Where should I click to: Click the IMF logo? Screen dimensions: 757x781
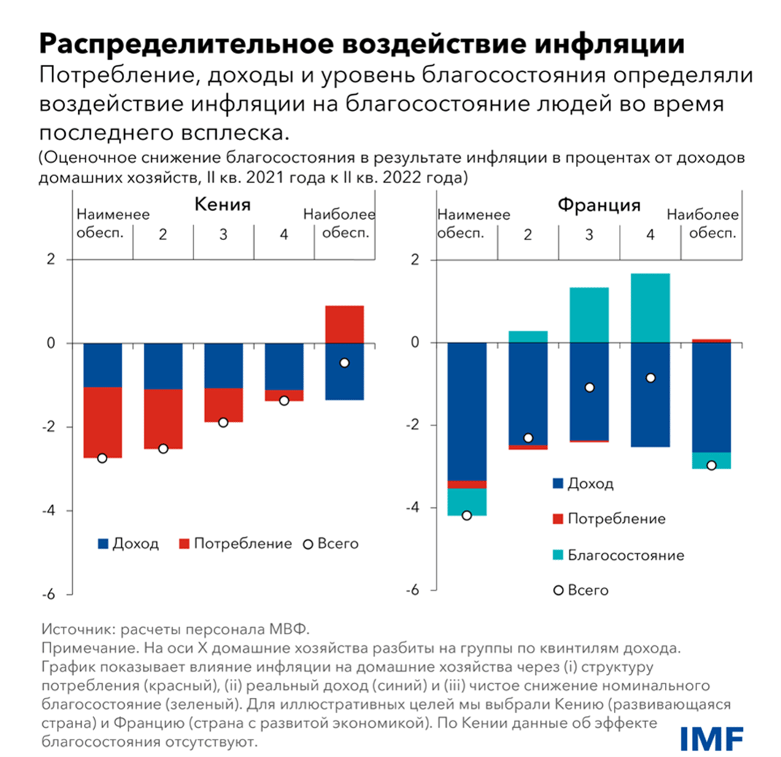[712, 737]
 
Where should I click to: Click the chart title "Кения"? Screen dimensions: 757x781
[222, 205]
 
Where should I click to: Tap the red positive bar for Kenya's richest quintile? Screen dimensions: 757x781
[345, 323]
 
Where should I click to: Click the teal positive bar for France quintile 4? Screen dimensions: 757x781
[650, 307]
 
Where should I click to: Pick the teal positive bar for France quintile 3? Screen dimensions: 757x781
[589, 315]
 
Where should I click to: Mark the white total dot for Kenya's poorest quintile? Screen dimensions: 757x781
[102, 458]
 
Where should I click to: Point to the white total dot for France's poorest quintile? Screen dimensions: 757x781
[467, 515]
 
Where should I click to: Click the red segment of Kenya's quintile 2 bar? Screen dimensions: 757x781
[163, 418]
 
